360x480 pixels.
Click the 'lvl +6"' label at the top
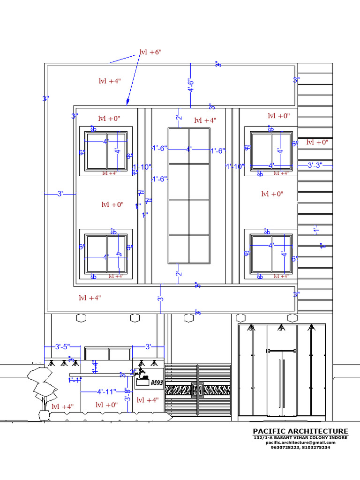(150, 52)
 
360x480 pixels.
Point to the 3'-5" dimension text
(62, 347)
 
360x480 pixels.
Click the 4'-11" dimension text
(106, 391)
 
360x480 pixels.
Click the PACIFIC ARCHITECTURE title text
(300, 431)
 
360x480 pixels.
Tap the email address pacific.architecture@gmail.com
(300, 442)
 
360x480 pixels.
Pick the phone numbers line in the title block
(300, 448)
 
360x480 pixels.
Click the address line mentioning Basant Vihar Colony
(300, 437)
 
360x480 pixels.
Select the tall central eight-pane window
(189, 195)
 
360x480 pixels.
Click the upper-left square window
(105, 151)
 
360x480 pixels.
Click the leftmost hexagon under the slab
(82, 318)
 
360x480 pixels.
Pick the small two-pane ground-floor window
(108, 354)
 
